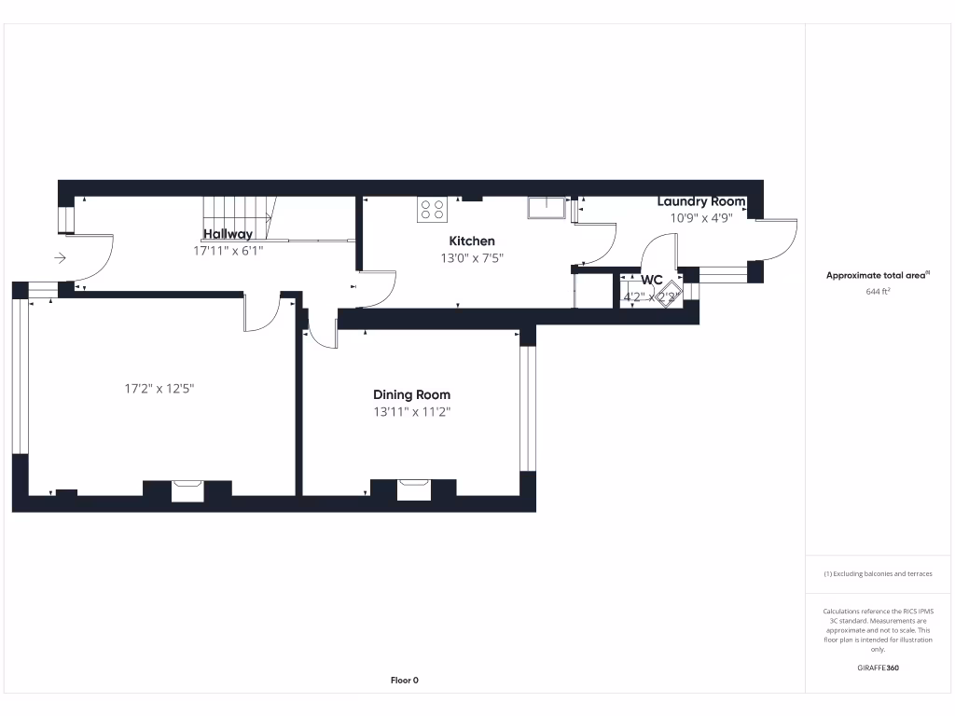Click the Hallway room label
click(x=228, y=234)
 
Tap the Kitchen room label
click(x=472, y=241)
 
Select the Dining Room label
click(x=411, y=394)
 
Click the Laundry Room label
click(x=700, y=201)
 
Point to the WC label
click(x=651, y=280)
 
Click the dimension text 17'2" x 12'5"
click(x=159, y=389)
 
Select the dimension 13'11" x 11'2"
click(x=411, y=411)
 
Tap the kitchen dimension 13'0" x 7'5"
click(x=472, y=258)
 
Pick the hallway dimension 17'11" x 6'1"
click(x=228, y=250)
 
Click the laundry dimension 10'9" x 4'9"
click(x=700, y=218)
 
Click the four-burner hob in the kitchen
click(x=431, y=210)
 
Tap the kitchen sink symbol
click(x=547, y=207)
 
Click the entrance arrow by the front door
click(x=61, y=258)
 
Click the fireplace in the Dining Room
click(x=414, y=489)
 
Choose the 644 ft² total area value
click(x=879, y=292)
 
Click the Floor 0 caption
click(x=404, y=681)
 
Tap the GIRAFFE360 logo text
click(x=878, y=668)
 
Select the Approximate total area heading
click(x=878, y=275)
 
